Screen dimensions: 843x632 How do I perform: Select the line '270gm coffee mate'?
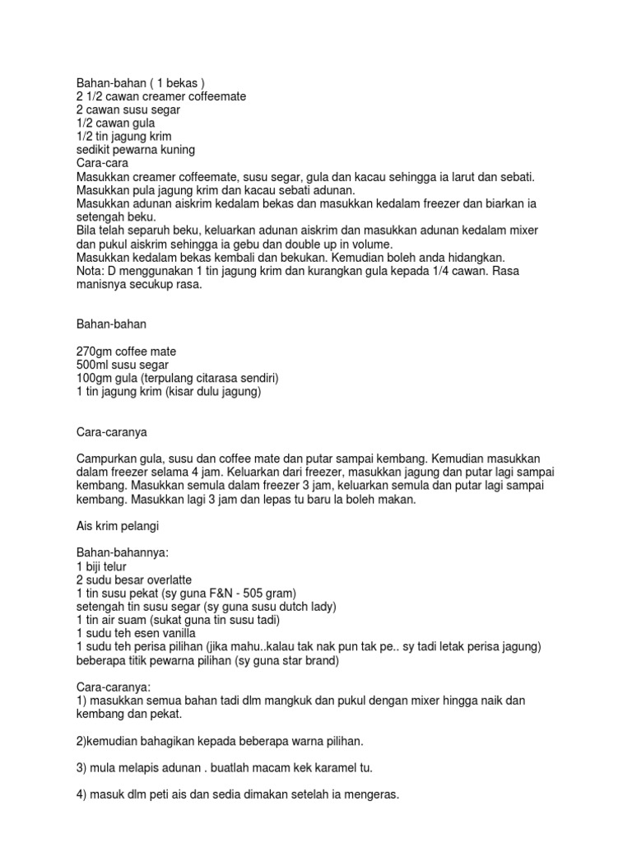click(x=126, y=352)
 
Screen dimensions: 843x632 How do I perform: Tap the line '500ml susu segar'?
click(x=122, y=365)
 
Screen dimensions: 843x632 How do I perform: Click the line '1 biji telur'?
click(x=103, y=566)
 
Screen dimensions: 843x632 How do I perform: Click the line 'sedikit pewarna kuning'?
click(x=135, y=150)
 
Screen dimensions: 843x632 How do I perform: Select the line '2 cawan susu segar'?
click(x=128, y=109)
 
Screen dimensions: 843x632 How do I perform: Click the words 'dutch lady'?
click(x=309, y=606)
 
